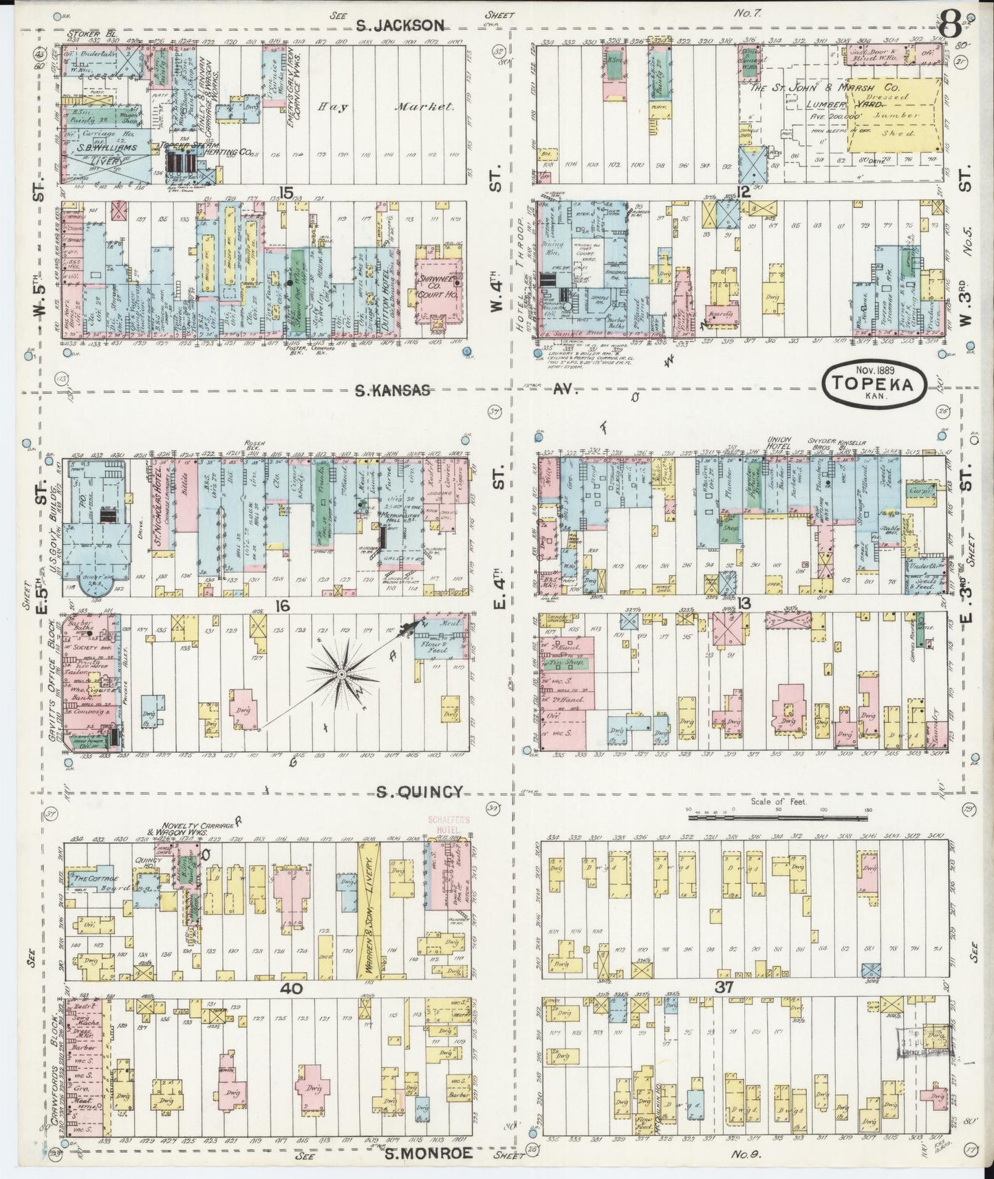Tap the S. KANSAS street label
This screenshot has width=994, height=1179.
392,390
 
